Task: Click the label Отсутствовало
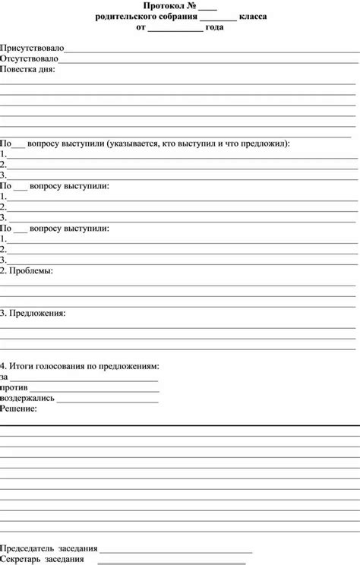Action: click(29, 58)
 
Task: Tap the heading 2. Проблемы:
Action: click(27, 270)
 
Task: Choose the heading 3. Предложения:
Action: click(33, 313)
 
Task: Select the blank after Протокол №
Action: click(208, 7)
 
